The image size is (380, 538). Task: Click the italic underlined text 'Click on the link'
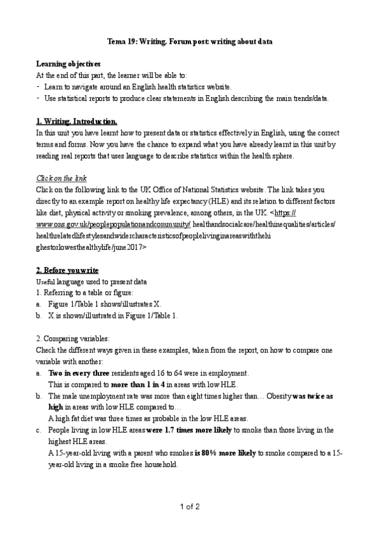pos(62,178)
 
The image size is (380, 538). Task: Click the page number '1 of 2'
pos(190,506)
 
